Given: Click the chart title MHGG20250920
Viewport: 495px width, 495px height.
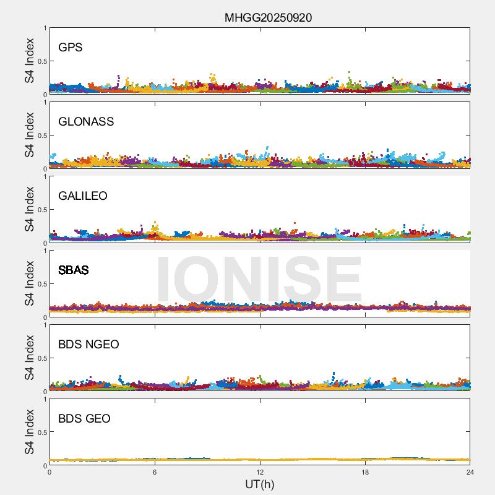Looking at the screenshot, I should coord(268,17).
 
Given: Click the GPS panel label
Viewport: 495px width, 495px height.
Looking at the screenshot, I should coord(70,48).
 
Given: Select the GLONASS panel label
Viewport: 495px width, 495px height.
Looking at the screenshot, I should coord(86,122).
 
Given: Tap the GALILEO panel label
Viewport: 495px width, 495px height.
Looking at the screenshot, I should coord(82,196).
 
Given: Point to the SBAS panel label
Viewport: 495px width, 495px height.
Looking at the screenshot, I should coord(73,270).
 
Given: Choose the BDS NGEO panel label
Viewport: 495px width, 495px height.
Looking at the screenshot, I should coord(88,345).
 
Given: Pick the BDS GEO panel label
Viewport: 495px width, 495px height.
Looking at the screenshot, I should coord(84,419).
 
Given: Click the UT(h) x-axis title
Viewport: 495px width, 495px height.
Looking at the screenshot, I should coord(259,484).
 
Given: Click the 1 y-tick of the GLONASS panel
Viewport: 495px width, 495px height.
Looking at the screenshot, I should coord(45,103).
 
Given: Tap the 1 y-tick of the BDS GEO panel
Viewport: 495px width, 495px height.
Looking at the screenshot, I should coord(45,400).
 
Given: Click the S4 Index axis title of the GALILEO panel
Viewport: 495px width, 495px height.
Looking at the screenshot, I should coord(30,210).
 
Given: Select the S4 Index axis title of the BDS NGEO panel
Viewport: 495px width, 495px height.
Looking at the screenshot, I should coord(30,358).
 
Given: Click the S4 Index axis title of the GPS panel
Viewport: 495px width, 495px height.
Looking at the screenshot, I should coord(30,61).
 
